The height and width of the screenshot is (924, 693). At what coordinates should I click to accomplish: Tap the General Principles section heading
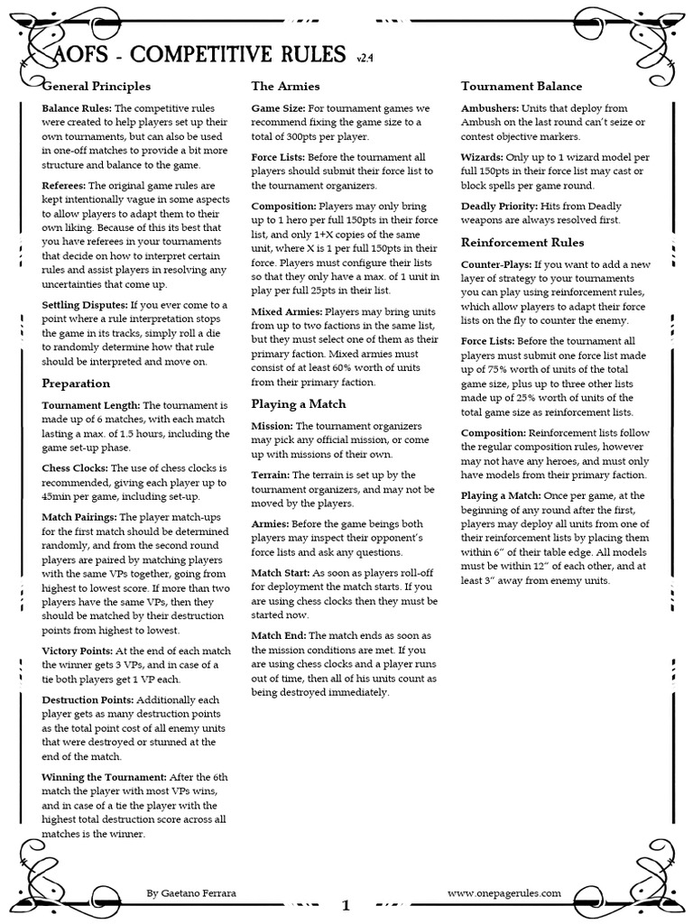point(97,87)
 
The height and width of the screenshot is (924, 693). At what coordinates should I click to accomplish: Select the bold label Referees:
point(65,185)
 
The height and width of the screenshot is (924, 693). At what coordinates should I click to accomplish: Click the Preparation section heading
point(77,383)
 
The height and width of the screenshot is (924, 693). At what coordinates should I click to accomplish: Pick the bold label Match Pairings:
point(79,517)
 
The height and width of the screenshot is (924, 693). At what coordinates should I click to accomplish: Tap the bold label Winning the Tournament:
point(104,776)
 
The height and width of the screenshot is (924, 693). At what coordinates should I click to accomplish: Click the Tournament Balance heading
point(522,87)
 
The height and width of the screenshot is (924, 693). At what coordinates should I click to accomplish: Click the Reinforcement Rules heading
point(522,242)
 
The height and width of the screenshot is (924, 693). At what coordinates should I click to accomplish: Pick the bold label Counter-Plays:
point(496,265)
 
